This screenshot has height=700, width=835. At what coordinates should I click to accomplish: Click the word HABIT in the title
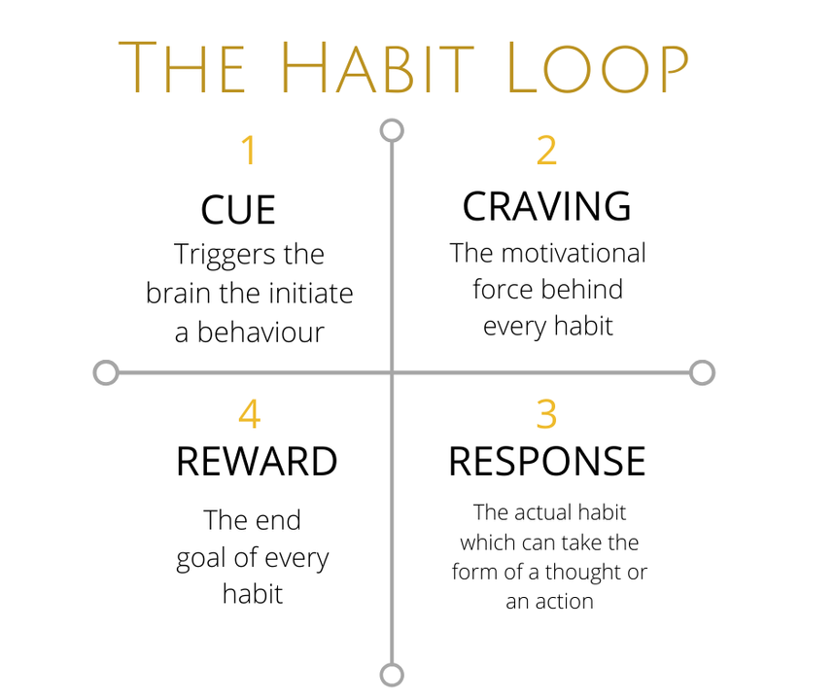point(376,67)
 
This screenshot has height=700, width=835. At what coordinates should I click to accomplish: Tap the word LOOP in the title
point(598,67)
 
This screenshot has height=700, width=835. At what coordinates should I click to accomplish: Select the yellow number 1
point(249,150)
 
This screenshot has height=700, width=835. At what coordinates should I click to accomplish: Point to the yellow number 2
point(547,150)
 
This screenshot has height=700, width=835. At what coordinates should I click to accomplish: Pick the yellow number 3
point(547,413)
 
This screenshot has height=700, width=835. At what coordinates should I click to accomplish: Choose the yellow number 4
point(249,413)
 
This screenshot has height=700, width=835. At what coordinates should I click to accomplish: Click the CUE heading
point(238,209)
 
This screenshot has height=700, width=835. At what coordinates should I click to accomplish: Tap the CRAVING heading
point(547,206)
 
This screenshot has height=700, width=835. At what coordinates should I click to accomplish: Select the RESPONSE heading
point(547,461)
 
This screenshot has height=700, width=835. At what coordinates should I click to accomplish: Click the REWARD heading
point(257,461)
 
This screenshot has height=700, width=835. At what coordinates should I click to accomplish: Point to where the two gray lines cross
point(392,372)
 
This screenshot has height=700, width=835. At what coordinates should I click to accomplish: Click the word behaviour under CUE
point(261,332)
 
